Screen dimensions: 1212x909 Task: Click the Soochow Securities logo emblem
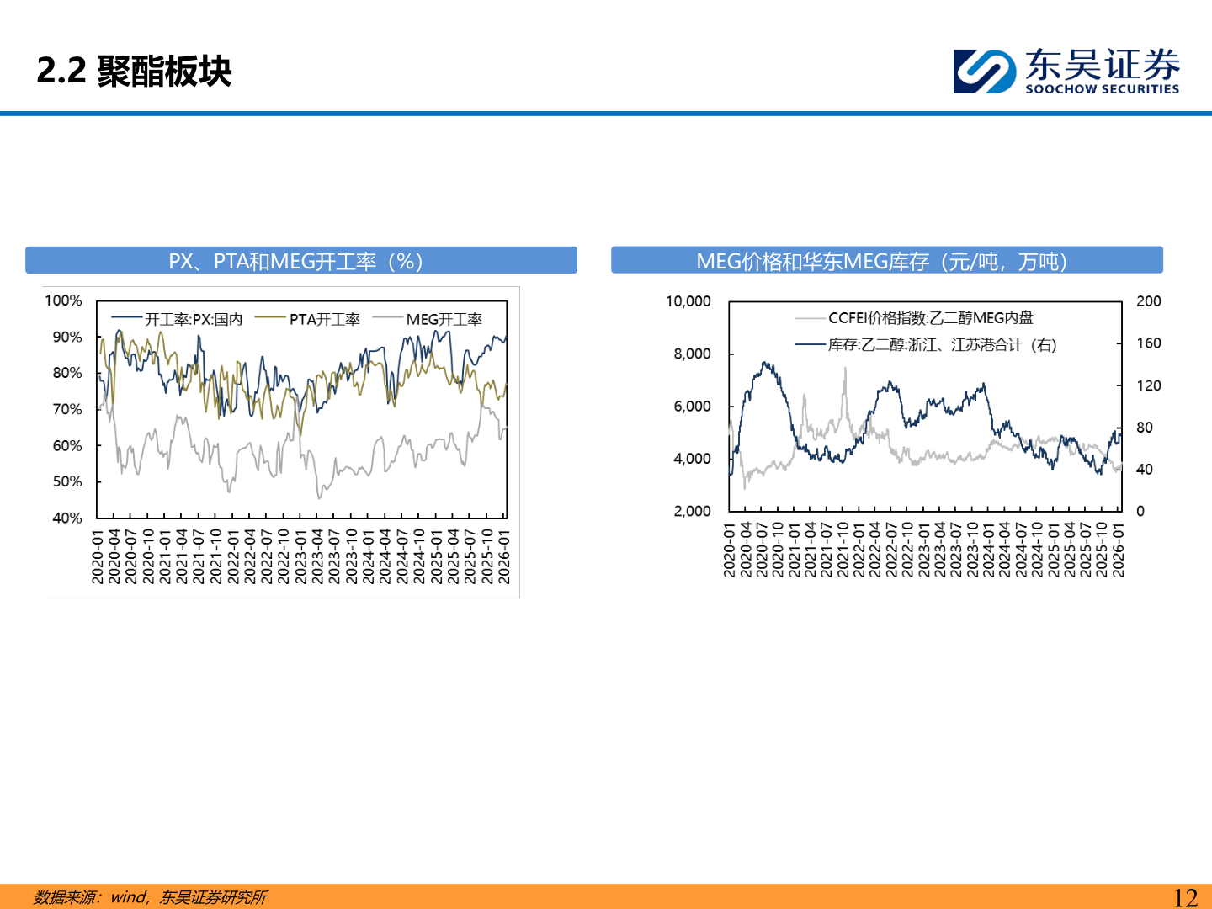[985, 72]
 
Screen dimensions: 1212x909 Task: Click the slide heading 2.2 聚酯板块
[134, 72]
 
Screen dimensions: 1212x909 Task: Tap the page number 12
[1185, 897]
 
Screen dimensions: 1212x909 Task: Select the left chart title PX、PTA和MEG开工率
[295, 261]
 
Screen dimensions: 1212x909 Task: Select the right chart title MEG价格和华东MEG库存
[882, 261]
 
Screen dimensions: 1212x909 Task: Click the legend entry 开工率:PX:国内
[177, 319]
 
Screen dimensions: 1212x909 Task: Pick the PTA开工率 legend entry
[307, 319]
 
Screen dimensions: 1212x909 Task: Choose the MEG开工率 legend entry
[428, 319]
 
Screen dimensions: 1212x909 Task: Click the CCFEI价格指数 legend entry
[914, 318]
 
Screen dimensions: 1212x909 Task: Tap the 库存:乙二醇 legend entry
[926, 345]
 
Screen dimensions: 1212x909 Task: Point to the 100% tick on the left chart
[63, 300]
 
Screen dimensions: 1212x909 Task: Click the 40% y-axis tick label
[66, 518]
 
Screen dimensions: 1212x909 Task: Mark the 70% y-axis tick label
[66, 409]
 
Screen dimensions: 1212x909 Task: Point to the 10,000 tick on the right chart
[688, 300]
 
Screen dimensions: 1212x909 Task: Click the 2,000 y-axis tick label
[692, 511]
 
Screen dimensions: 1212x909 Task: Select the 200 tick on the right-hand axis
[1149, 300]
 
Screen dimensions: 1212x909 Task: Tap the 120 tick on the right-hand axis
[1149, 385]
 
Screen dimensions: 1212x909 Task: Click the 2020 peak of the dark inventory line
[764, 363]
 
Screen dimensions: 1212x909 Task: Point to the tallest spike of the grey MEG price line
[845, 368]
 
